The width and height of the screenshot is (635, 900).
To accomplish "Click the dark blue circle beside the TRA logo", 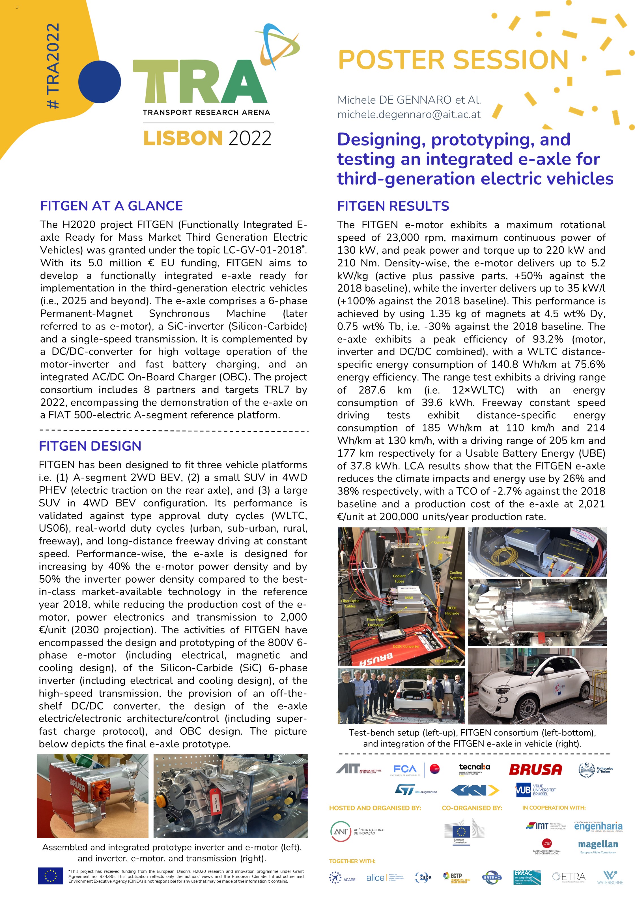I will (x=100, y=82).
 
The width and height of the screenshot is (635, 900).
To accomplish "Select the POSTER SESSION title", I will (x=453, y=60).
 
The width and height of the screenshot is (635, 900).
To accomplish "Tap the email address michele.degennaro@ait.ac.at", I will (x=409, y=114).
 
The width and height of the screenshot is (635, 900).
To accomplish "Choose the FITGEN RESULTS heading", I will (x=393, y=206).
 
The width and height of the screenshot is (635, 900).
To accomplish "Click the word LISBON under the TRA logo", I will (x=183, y=138).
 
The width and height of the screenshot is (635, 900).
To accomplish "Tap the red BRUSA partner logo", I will (x=535, y=769).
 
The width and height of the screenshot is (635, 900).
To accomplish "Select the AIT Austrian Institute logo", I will (x=358, y=769).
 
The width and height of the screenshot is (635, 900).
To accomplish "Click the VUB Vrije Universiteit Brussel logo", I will (x=535, y=790).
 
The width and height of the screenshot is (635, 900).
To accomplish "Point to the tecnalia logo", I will (x=474, y=768).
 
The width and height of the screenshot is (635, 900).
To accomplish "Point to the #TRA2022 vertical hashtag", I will (x=53, y=66).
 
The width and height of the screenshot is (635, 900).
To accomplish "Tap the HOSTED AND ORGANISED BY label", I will (x=375, y=808).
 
